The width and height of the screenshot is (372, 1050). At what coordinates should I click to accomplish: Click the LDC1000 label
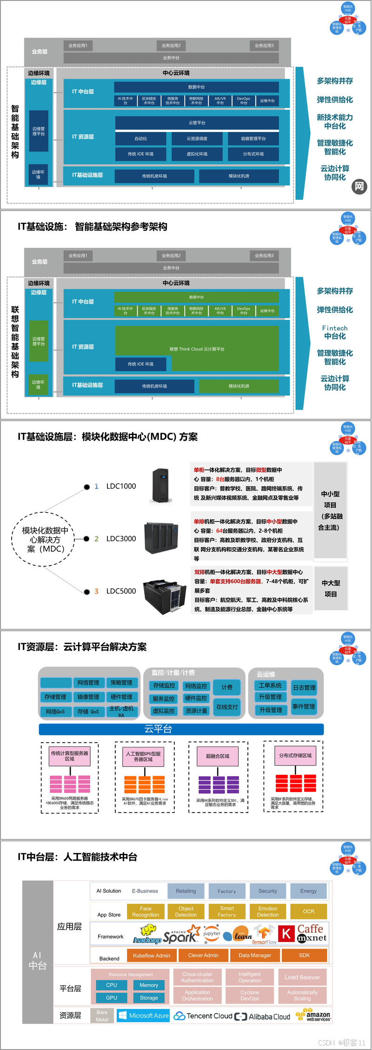(x=121, y=486)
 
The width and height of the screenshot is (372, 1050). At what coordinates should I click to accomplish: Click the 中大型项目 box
(x=331, y=588)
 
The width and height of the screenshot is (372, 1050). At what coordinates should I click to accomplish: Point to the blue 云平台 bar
(x=181, y=729)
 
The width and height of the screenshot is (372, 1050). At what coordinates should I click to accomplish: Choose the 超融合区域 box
(x=218, y=756)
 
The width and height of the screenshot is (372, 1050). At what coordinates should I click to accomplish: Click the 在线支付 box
(x=227, y=707)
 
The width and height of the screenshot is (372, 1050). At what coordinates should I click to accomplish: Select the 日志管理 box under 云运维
(x=304, y=687)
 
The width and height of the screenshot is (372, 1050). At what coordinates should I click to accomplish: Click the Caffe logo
(x=310, y=929)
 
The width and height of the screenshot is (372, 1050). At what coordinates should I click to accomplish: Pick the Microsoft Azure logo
(x=144, y=1016)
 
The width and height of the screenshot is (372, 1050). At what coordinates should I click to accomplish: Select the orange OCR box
(x=308, y=911)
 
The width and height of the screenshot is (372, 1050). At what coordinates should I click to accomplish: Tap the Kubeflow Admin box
(x=152, y=956)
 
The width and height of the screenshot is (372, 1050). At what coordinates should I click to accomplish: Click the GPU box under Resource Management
(x=112, y=997)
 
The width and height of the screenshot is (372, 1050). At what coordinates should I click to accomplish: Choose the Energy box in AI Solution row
(x=308, y=891)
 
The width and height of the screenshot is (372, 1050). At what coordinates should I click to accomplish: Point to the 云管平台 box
(x=197, y=123)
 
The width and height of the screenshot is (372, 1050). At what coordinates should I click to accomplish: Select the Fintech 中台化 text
(x=335, y=332)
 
